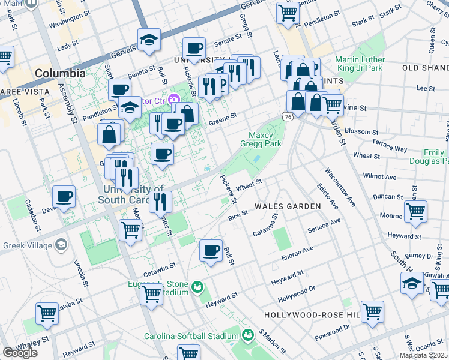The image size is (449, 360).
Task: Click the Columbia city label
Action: (x=60, y=73)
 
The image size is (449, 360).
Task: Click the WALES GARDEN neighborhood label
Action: (x=287, y=206)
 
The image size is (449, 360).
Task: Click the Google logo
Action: (x=20, y=353)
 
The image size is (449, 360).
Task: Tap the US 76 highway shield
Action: (x=289, y=116)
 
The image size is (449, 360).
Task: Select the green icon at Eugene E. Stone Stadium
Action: (x=197, y=287)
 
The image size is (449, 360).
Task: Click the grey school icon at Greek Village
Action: (x=61, y=244)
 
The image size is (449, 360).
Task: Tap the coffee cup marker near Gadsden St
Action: (x=64, y=196)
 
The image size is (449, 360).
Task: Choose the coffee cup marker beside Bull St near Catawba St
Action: (x=210, y=250)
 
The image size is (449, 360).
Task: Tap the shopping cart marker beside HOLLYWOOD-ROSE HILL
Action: (x=372, y=311)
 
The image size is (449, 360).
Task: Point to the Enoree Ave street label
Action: (x=298, y=253)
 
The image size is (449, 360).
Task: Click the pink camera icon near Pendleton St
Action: (x=174, y=99)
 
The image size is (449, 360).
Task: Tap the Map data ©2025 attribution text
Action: (x=423, y=355)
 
